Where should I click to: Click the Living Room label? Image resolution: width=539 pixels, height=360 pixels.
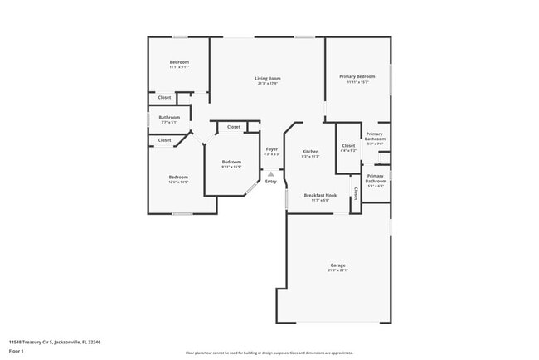pyautogui.click(x=267, y=78)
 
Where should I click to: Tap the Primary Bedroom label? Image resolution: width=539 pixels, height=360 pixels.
pyautogui.click(x=357, y=76)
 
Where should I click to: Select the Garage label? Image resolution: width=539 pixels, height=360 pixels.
pyautogui.click(x=337, y=265)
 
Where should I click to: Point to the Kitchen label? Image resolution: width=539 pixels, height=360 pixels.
pyautogui.click(x=310, y=151)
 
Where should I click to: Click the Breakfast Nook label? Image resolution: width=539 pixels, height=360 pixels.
pyautogui.click(x=319, y=195)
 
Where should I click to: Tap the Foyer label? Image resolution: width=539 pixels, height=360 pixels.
pyautogui.click(x=271, y=149)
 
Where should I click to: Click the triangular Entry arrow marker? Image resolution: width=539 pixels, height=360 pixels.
pyautogui.click(x=270, y=173)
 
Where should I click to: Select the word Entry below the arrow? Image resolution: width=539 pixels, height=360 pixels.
pyautogui.click(x=271, y=181)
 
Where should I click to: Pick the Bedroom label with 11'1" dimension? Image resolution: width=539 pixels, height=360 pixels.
pyautogui.click(x=179, y=62)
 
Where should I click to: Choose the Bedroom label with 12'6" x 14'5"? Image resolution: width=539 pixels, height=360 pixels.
pyautogui.click(x=178, y=177)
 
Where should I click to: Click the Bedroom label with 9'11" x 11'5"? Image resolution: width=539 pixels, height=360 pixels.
pyautogui.click(x=231, y=162)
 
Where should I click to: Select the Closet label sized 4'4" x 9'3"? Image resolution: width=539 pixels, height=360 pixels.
pyautogui.click(x=348, y=146)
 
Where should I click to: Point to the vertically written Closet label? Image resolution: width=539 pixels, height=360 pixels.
pyautogui.click(x=356, y=193)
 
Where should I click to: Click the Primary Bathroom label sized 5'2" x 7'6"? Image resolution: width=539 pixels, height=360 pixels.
pyautogui.click(x=375, y=137)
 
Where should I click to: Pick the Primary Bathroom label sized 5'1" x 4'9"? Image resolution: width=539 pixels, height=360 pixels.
pyautogui.click(x=376, y=178)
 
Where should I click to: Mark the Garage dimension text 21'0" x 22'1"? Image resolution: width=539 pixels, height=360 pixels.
pyautogui.click(x=337, y=270)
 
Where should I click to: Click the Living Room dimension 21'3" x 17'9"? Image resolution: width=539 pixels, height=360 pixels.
pyautogui.click(x=267, y=83)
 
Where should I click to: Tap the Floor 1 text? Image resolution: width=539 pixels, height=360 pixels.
pyautogui.click(x=17, y=350)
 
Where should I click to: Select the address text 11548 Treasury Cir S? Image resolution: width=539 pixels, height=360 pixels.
pyautogui.click(x=36, y=342)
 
